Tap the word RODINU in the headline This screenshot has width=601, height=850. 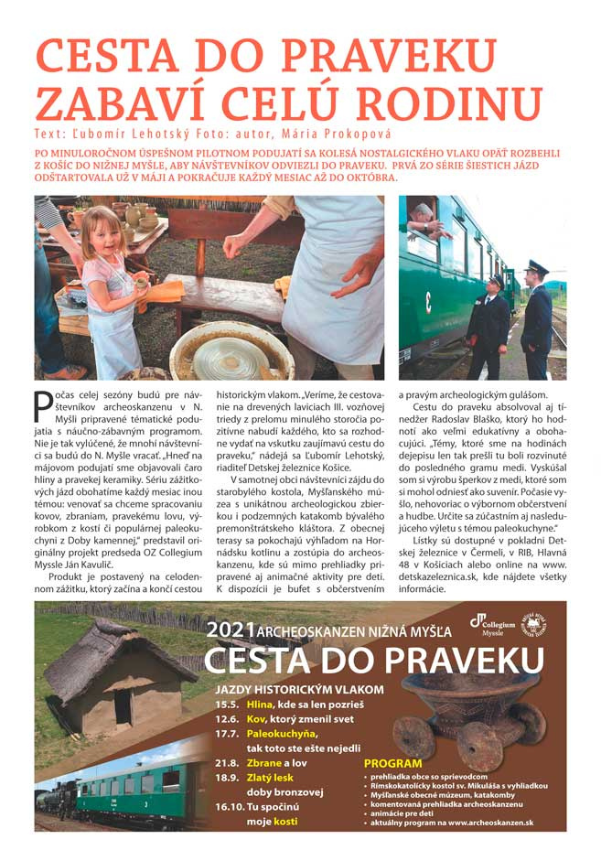[452, 101]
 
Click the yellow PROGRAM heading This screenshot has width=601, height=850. [393, 763]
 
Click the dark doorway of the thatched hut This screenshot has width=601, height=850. [123, 707]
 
